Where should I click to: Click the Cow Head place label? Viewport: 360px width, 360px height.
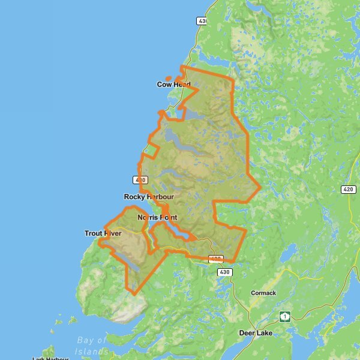coord(173,85)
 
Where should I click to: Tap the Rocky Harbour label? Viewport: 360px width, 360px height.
coord(148,197)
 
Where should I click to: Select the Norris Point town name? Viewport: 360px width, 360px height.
coord(157,217)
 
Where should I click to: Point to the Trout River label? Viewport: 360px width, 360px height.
coord(103,233)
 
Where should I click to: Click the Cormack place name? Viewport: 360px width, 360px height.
coord(263,293)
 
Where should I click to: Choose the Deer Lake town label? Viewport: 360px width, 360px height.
coord(256,332)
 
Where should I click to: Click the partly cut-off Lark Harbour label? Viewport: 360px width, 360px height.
coord(50,358)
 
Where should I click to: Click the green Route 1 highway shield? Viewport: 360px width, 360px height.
coord(284,316)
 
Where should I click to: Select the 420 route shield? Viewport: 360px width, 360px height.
coord(349,190)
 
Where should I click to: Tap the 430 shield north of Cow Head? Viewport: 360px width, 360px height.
coord(202,20)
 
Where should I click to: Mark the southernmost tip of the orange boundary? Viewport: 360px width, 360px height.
coord(134,294)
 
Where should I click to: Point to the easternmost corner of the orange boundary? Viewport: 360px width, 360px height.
coord(260,188)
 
